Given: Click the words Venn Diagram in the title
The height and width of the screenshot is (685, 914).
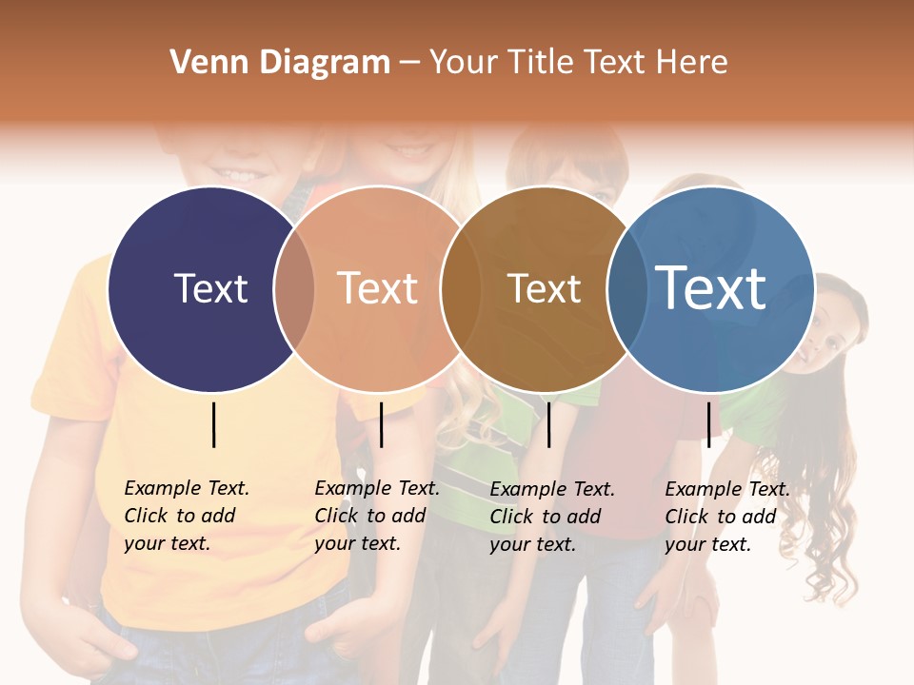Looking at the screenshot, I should [280, 63].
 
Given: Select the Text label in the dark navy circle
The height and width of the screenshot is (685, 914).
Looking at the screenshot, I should [210, 288].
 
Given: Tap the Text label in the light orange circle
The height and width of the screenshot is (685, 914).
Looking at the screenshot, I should [378, 288].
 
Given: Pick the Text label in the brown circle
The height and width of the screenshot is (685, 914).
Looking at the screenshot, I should [544, 288].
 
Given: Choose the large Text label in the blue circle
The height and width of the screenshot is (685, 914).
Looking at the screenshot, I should [711, 287].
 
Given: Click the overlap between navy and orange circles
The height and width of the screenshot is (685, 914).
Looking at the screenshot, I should [294, 289].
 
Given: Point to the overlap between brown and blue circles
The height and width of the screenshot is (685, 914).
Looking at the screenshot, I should [626, 289].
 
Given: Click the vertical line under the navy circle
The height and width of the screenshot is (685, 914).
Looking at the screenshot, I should [214, 424].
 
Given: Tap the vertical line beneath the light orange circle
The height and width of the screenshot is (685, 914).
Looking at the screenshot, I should [381, 424].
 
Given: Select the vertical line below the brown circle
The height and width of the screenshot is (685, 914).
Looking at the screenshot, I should [548, 424].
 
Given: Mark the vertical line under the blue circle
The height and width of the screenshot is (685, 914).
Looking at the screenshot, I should [708, 424].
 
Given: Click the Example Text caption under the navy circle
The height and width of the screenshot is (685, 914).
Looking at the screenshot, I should [186, 516].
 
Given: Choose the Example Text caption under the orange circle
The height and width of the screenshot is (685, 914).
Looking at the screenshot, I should [376, 516].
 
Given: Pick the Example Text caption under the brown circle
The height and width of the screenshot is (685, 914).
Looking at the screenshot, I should [551, 517].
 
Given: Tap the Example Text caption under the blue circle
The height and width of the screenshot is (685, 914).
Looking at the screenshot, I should [726, 517].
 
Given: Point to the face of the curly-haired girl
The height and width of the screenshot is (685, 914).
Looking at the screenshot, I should [828, 333].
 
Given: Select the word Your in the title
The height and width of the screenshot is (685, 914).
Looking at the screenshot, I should [461, 63].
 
